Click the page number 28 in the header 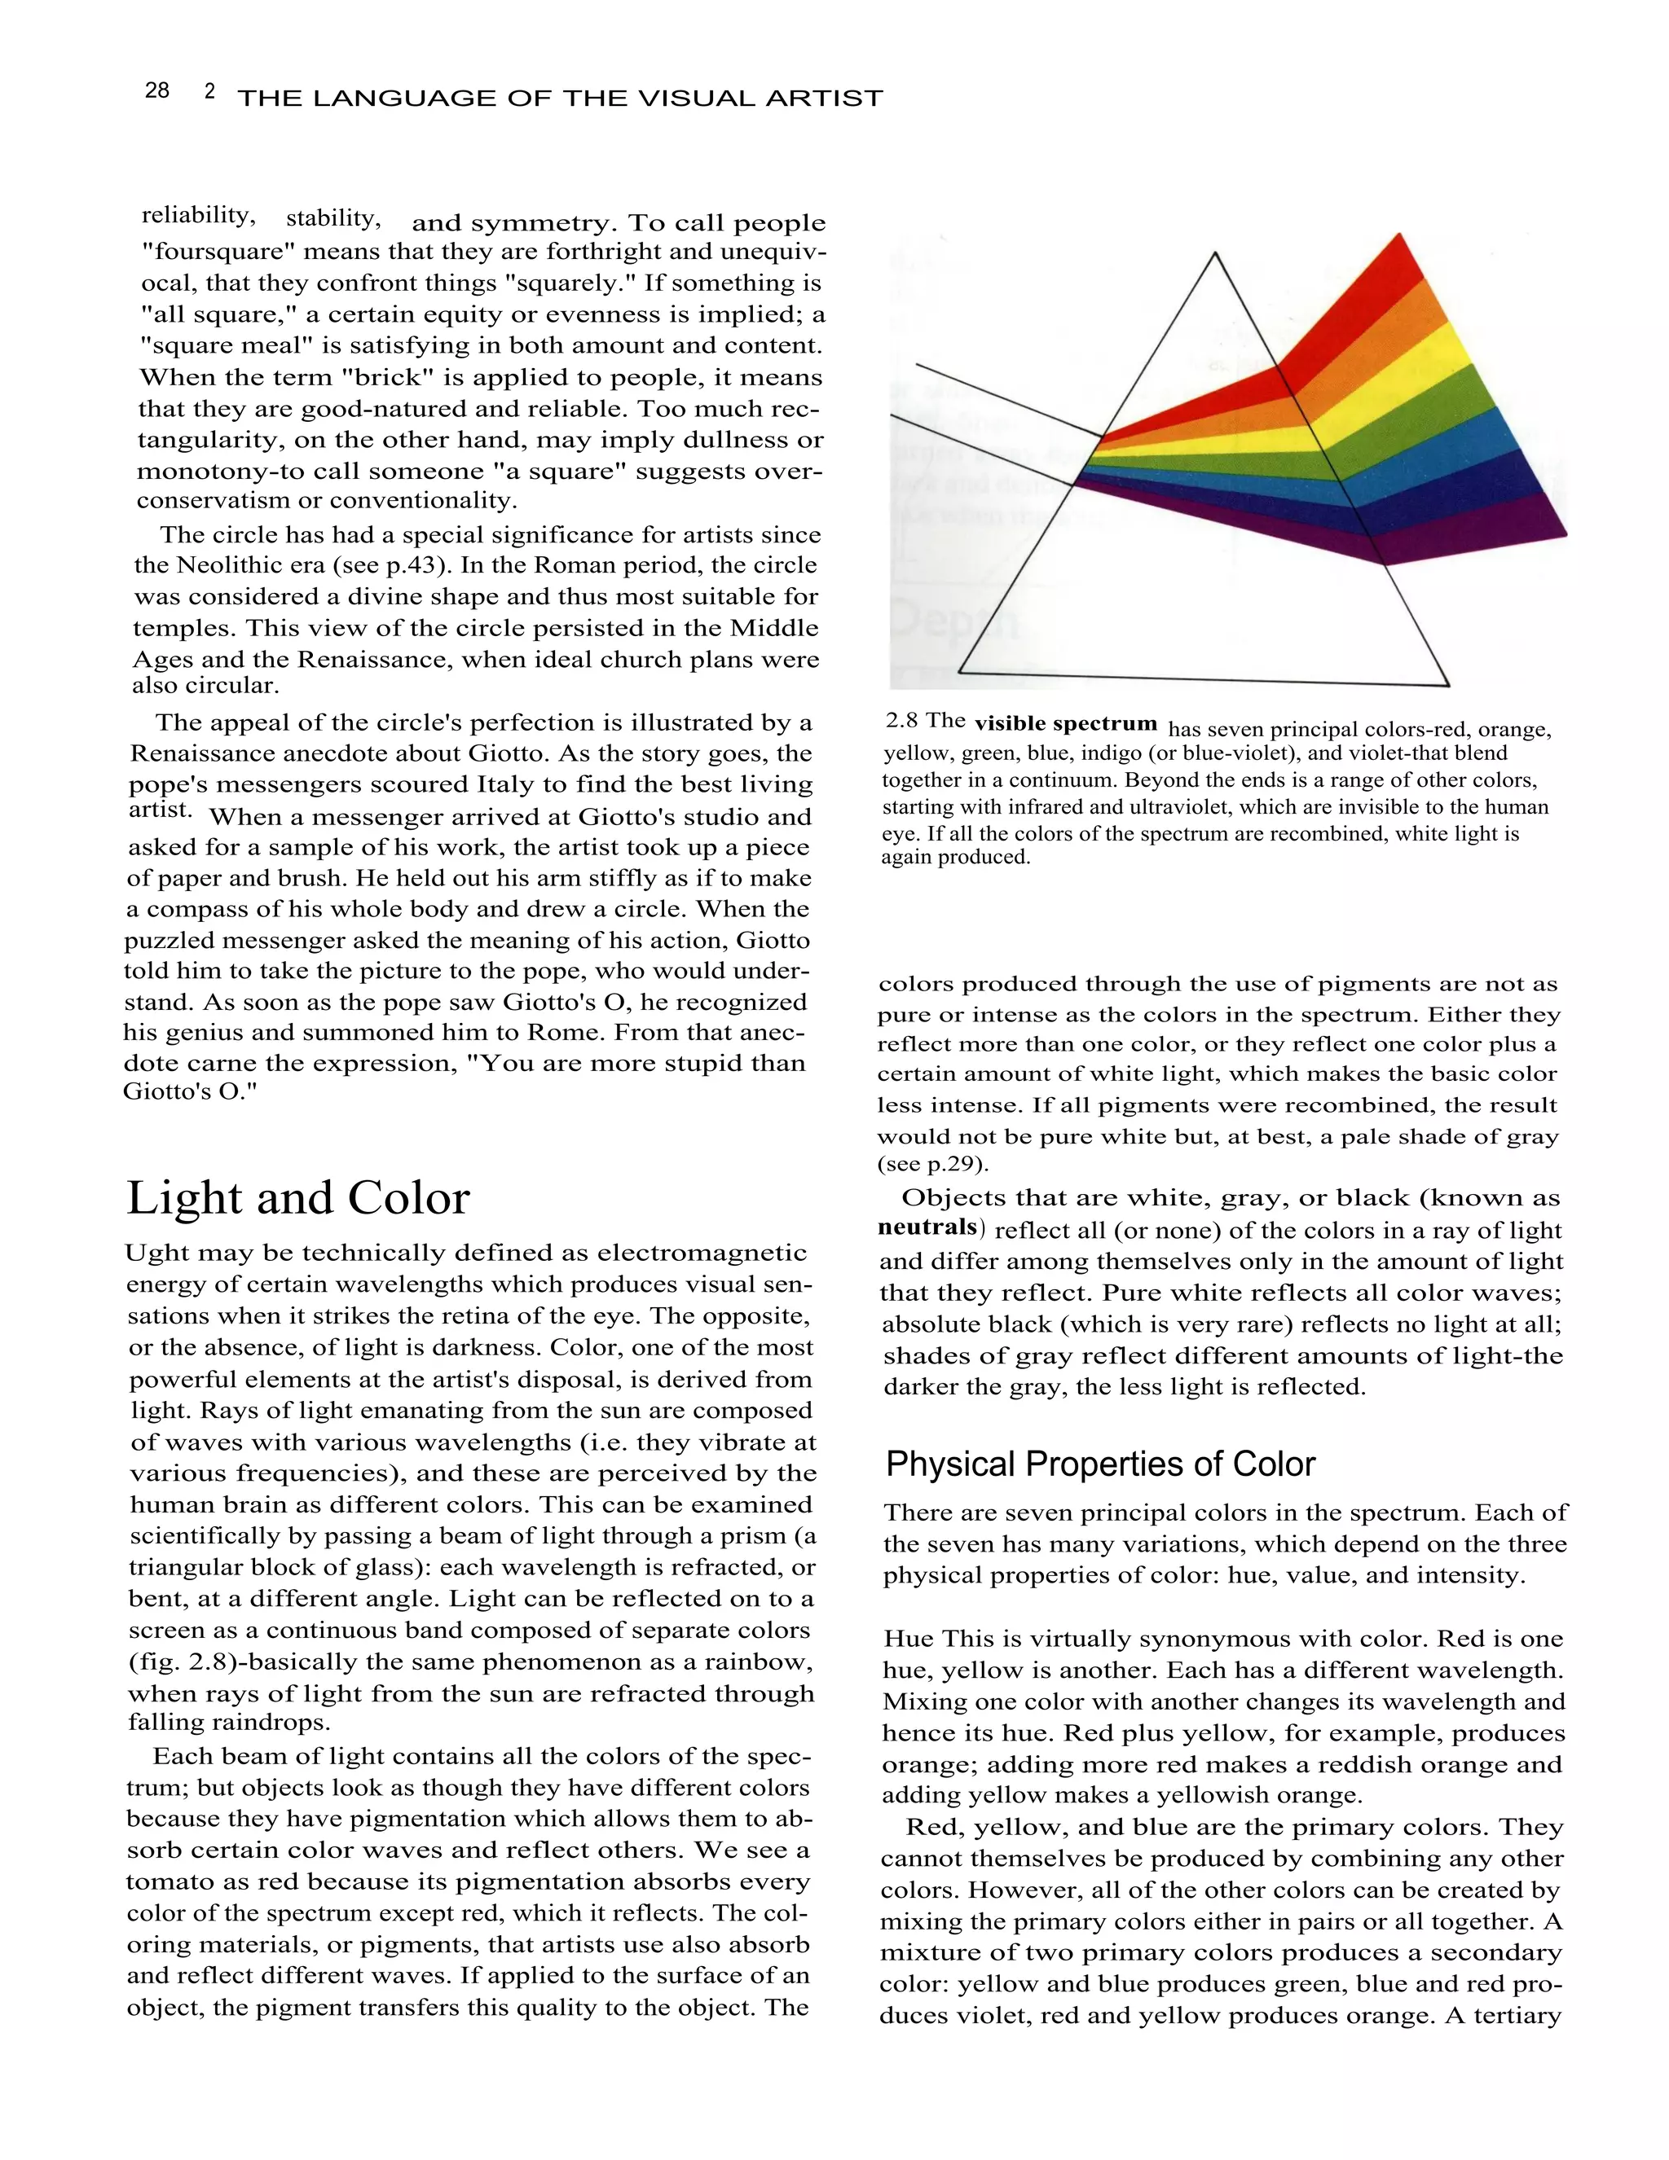point(157,91)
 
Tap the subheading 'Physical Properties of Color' point(1099,1464)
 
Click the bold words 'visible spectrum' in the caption point(1064,723)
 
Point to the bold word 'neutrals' point(927,1227)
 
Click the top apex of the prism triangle point(1215,254)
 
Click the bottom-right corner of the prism point(1447,684)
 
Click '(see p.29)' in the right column point(932,1163)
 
